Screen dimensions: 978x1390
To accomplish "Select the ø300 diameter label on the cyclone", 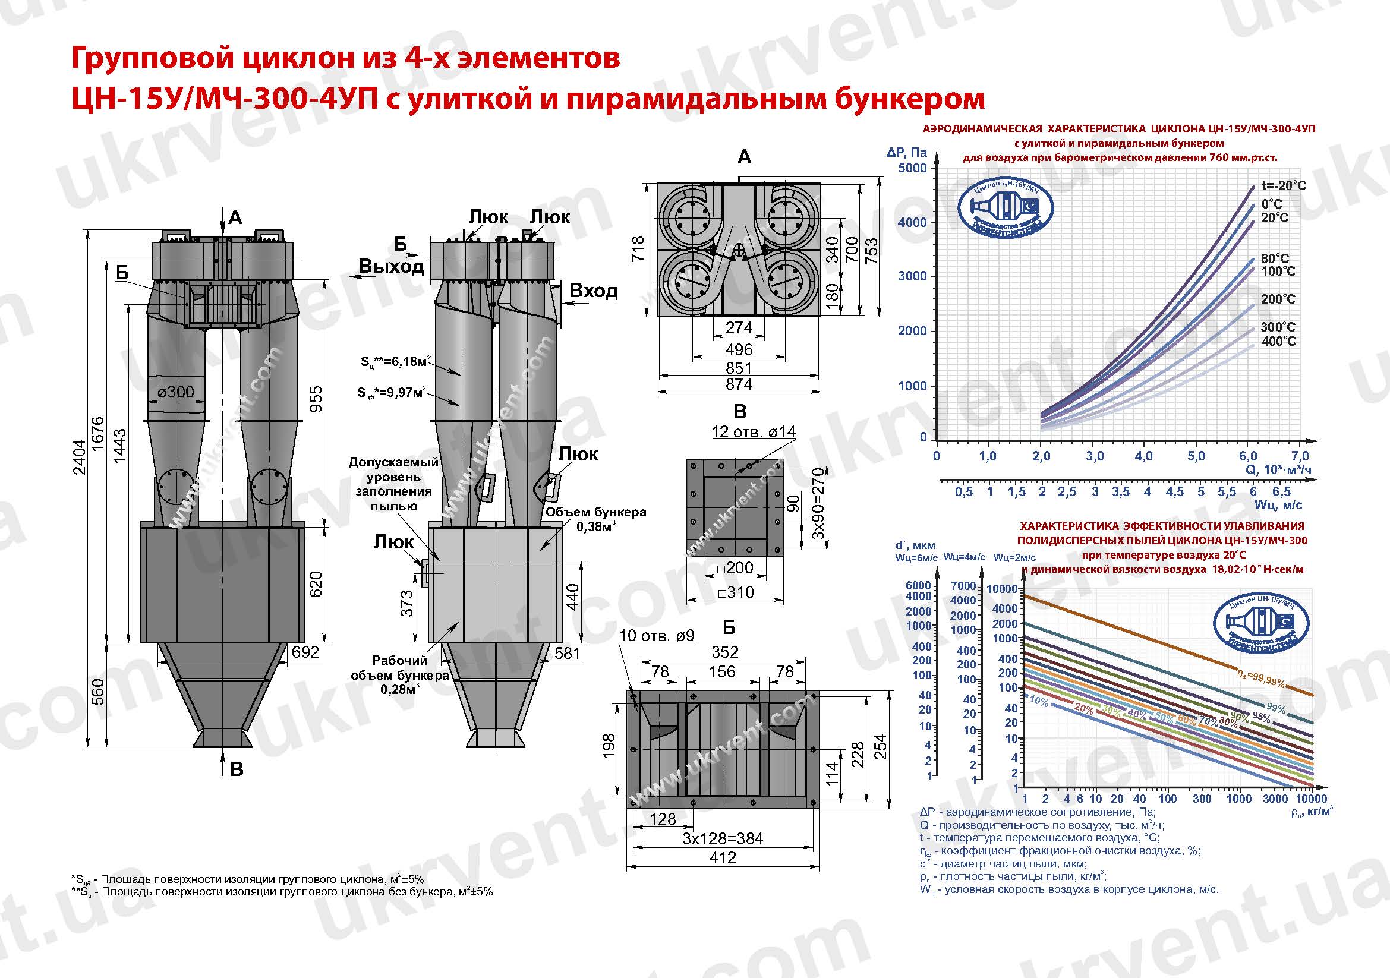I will point(175,392).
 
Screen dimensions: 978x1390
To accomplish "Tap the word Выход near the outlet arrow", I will point(390,266).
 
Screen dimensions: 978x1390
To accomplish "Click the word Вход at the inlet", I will point(593,291).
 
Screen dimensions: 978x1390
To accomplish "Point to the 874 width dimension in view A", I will point(739,384).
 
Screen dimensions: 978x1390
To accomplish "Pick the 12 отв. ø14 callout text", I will point(753,431).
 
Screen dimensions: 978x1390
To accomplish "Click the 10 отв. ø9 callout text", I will point(657,636).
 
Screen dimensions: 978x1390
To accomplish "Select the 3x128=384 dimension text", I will point(722,839).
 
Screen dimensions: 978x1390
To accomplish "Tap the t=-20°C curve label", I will point(1284,186).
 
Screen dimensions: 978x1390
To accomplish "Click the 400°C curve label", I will point(1278,341).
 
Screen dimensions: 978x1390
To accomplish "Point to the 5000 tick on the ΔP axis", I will point(912,168).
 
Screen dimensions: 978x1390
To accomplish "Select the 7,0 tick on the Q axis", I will point(1300,456).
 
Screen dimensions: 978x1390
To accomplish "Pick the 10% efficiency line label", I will point(1039,702).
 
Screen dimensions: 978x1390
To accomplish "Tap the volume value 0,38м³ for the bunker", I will point(595,527).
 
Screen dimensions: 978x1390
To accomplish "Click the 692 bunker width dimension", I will point(304,652).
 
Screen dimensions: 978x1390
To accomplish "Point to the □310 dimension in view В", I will point(736,592).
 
